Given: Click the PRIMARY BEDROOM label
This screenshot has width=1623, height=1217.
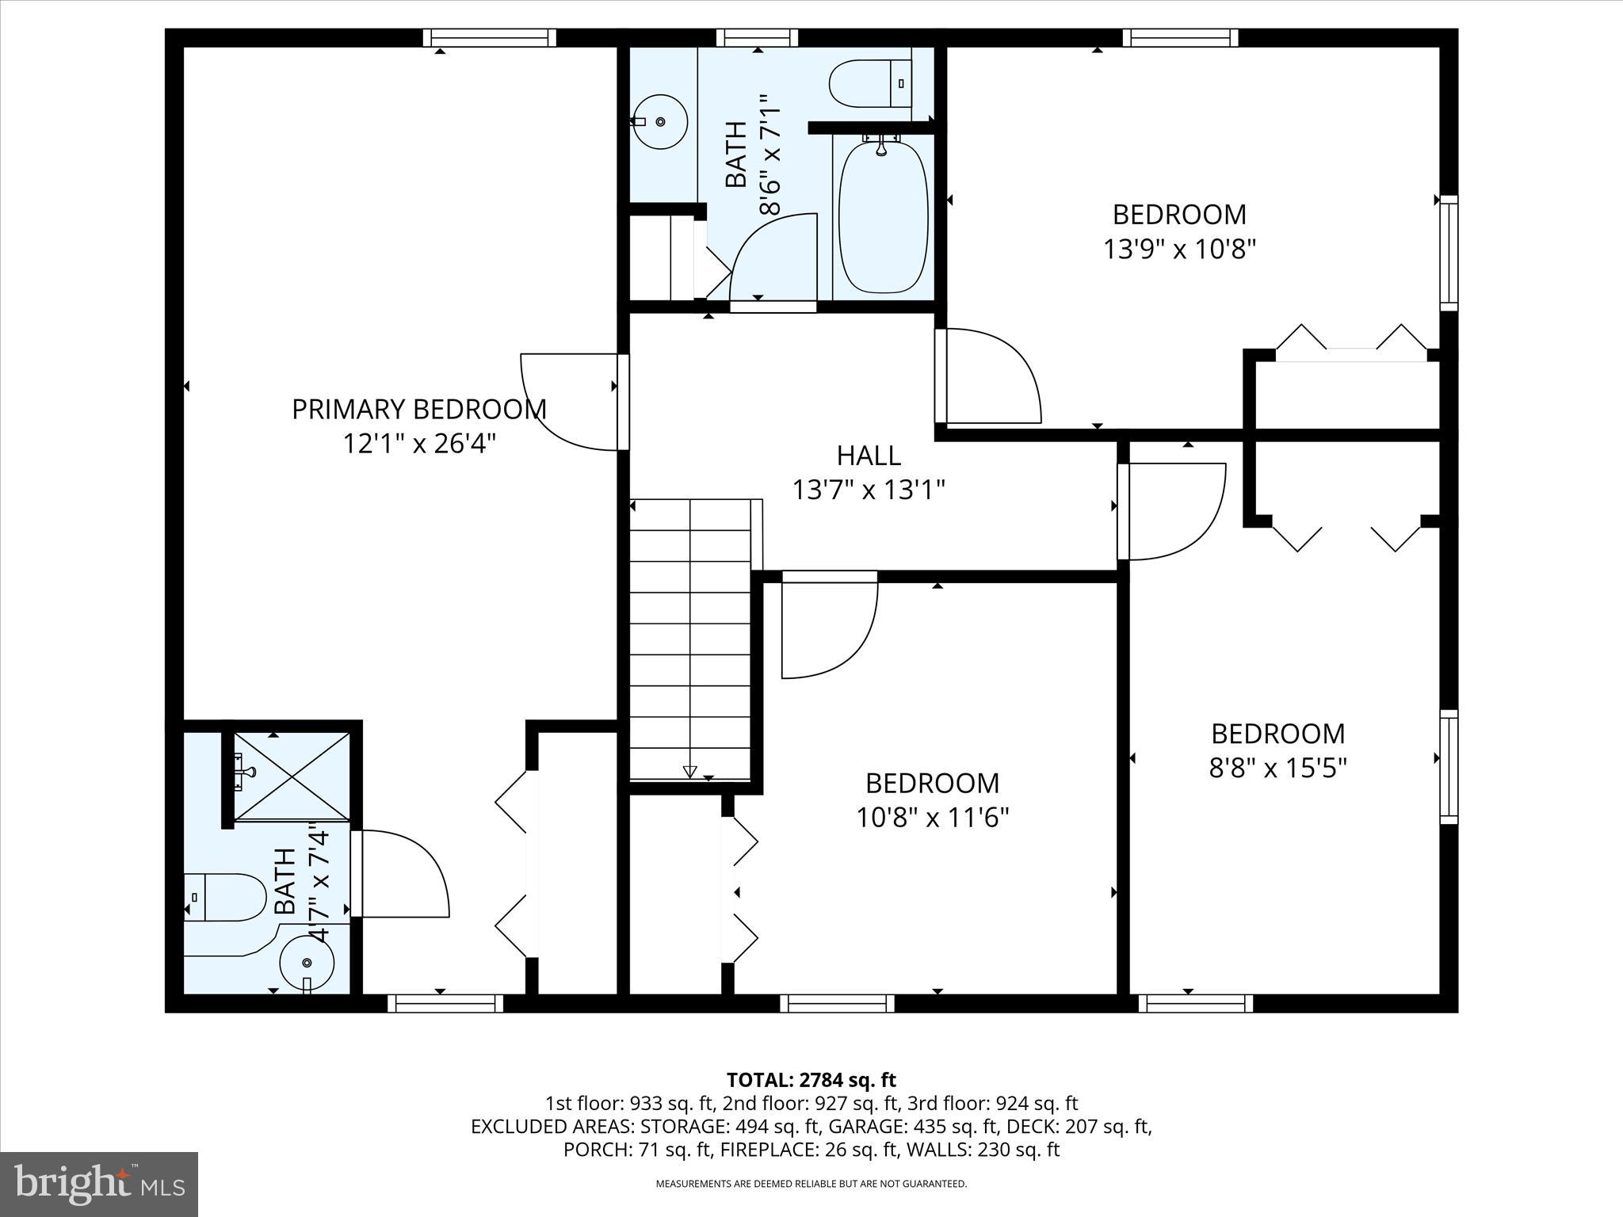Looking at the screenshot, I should coord(419,410).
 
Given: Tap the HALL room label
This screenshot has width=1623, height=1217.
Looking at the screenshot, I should coord(869,456).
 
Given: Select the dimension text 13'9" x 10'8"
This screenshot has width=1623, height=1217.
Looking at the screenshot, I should coord(1179,250).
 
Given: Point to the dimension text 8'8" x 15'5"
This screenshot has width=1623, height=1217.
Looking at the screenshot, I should coord(1277,769).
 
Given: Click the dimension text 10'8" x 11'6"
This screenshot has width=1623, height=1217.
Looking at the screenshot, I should coord(932,818).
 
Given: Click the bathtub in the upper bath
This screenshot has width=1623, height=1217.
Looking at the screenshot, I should coord(882,218).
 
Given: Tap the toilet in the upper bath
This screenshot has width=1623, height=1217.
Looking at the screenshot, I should coord(870,82).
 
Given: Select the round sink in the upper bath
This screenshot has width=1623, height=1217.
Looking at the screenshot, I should coord(661,121).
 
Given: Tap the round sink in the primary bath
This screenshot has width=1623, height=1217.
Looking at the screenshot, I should coord(307,961).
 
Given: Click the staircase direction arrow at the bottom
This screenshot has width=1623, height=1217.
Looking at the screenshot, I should coord(689,772).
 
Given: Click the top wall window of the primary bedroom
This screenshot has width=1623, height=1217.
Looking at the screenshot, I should coord(489,38).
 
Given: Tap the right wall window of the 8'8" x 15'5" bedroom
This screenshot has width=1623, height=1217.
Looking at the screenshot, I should coord(1448,766).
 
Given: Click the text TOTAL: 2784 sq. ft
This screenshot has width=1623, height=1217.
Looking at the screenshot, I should coord(811,1080).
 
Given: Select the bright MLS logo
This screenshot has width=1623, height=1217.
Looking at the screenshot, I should coord(98,1184).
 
